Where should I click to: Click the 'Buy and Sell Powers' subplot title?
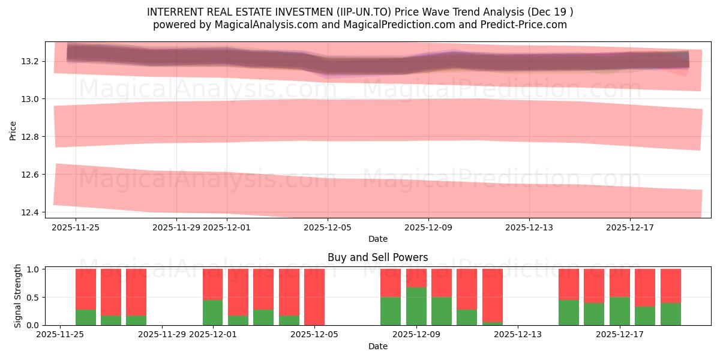[x=377, y=257]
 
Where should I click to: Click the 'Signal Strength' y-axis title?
[x=18, y=296]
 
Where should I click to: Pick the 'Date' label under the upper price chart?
[x=377, y=239]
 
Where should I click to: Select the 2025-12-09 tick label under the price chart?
[x=428, y=227]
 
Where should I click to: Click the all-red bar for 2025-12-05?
[x=314, y=297]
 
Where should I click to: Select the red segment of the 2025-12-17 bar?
[x=620, y=283]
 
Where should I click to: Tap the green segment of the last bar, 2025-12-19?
[x=671, y=314]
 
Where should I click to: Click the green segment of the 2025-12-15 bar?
[x=569, y=312]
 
